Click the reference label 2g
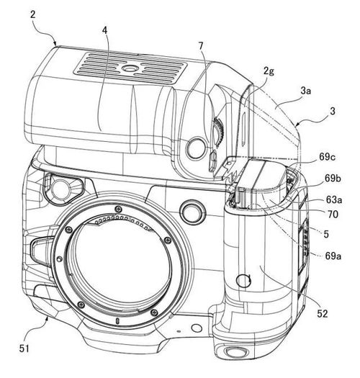click(x=269, y=71)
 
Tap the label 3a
click(x=306, y=91)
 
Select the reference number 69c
click(x=327, y=157)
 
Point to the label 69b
click(x=333, y=179)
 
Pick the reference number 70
click(x=333, y=214)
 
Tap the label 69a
click(x=333, y=256)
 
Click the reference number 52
click(x=323, y=313)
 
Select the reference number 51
click(x=24, y=348)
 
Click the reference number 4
click(x=104, y=30)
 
